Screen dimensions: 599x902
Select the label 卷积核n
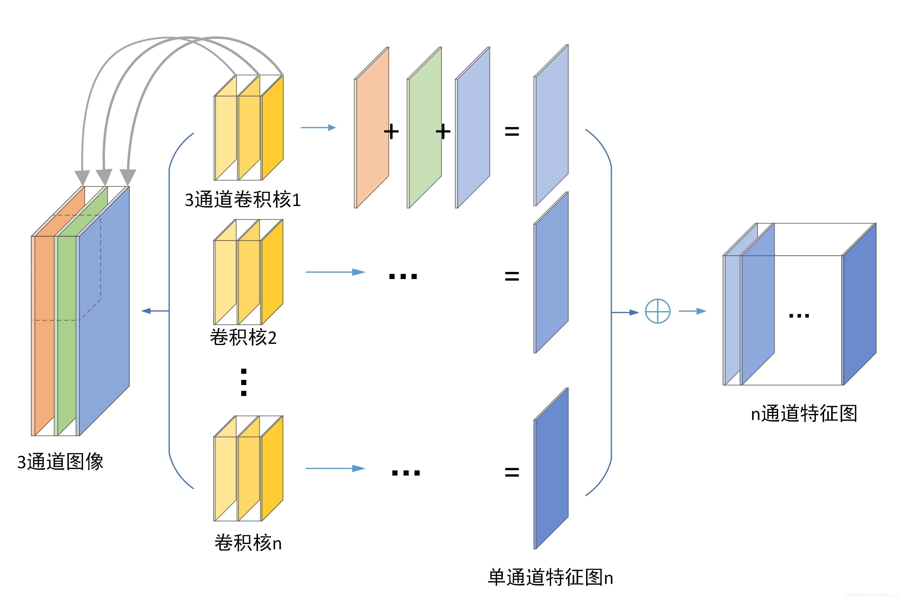point(248,543)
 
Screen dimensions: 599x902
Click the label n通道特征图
point(804,414)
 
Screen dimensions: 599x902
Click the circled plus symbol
point(658,311)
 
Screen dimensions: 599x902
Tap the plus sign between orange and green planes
point(391,132)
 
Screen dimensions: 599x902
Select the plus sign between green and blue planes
point(443,132)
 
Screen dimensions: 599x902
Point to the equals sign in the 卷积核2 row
point(512,276)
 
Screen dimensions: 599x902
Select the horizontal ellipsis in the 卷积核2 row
point(403,276)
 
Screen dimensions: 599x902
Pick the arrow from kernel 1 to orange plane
point(318,127)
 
